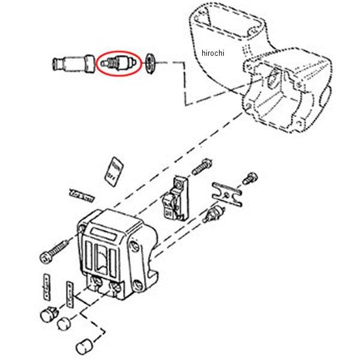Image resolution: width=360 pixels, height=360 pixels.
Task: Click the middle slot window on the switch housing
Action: [105, 259]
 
